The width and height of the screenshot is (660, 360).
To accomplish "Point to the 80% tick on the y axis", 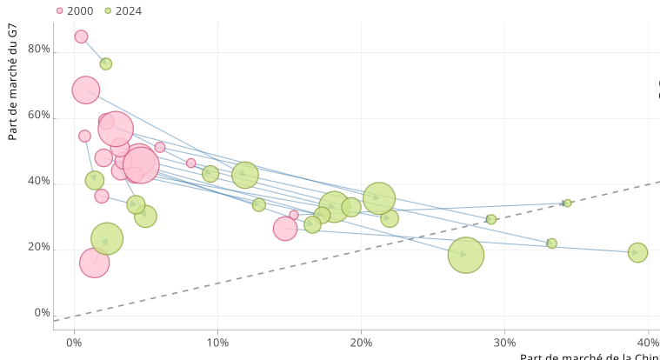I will [39, 50].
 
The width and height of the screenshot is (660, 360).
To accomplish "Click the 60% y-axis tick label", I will [39, 116].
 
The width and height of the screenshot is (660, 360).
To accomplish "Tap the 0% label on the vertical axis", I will [43, 313].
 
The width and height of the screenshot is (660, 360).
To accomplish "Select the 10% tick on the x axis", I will [217, 343].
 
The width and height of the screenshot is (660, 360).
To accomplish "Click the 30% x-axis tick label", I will [504, 343].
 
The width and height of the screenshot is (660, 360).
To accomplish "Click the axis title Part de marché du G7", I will [12, 83].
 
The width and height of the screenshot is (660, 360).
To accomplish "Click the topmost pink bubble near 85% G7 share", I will [81, 37].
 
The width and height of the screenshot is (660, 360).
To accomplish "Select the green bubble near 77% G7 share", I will [105, 63].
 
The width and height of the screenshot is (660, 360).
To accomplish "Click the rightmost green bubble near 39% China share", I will [637, 252].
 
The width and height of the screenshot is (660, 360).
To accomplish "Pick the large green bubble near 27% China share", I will [466, 255].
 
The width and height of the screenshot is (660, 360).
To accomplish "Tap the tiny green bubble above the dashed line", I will [567, 203].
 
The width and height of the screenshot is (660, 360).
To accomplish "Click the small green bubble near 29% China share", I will [491, 219].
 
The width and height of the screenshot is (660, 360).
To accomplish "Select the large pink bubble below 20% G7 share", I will [94, 262].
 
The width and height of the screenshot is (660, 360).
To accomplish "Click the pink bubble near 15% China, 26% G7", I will [285, 228].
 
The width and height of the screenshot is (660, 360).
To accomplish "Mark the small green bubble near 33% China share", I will [551, 243].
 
